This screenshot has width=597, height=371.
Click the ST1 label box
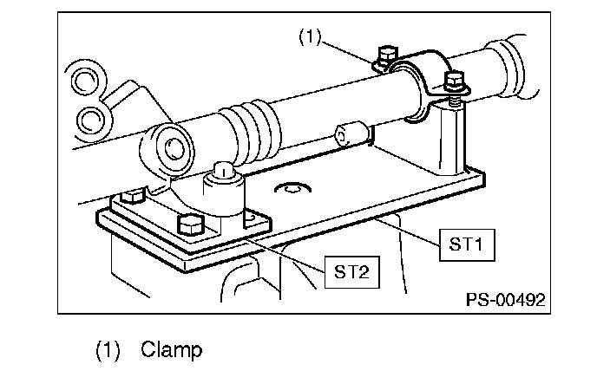click(x=467, y=245)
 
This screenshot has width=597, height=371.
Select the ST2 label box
click(x=351, y=272)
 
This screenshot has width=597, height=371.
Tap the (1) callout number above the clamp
click(x=310, y=37)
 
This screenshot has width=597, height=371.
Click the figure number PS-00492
click(x=506, y=300)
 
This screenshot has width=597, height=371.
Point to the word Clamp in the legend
click(x=171, y=349)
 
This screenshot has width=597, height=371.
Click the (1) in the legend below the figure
click(x=108, y=350)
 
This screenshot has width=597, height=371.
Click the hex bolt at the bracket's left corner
click(x=132, y=197)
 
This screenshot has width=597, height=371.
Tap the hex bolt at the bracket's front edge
click(x=191, y=225)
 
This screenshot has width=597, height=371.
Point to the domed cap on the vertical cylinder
click(x=224, y=171)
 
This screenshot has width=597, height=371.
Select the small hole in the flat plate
click(x=292, y=187)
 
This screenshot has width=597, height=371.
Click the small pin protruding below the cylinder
click(x=351, y=133)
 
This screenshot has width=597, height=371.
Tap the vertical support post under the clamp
click(x=452, y=138)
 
